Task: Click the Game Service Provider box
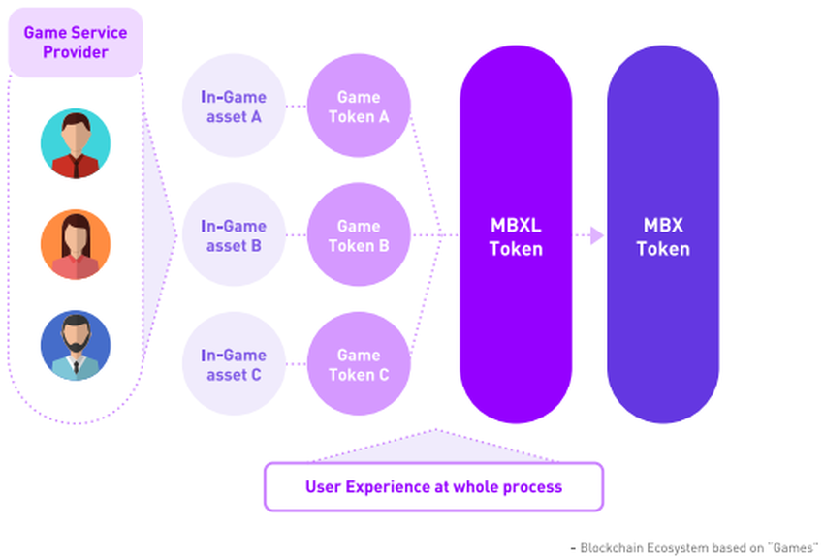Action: coord(76,42)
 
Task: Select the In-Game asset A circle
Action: coord(233,107)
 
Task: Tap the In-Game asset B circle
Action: coord(233,235)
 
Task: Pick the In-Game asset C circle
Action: coord(233,364)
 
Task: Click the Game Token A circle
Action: coord(359,107)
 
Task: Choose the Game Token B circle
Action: coord(359,235)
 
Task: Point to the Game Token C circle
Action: coord(359,364)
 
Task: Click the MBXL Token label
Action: coord(516,236)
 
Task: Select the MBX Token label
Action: coord(663,236)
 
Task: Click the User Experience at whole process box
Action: coord(433,486)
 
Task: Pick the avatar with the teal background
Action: coord(76,143)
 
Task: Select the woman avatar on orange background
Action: coord(76,244)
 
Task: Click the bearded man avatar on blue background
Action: coord(76,345)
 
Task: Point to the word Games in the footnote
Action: coord(792,547)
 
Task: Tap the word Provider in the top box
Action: coord(76,52)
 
